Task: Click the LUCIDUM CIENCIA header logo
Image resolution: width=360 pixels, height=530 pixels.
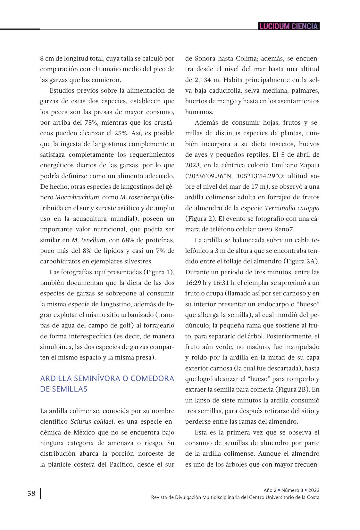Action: pos(289,26)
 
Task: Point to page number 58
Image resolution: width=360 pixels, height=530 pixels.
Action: pos(31,493)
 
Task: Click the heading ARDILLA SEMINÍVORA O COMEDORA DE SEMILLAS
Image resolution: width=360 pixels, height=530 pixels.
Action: pos(107,384)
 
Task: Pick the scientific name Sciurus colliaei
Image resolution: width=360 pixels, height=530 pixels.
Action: pos(92,421)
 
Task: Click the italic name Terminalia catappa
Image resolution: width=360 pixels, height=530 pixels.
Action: pos(292,208)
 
